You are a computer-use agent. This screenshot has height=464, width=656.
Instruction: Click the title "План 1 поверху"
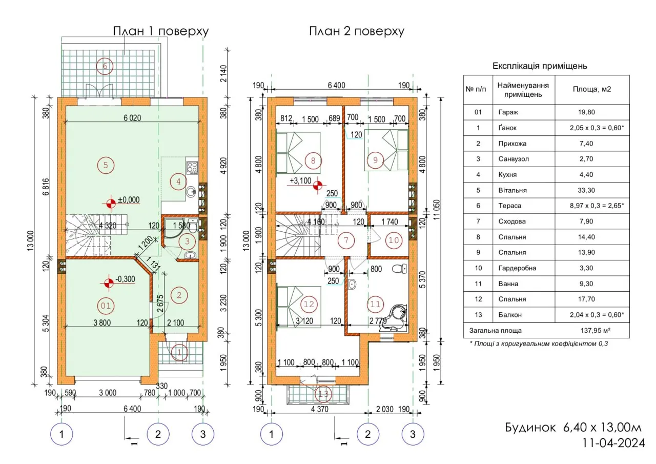tap(160, 31)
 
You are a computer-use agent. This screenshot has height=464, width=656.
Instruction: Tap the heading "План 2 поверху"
tap(356, 31)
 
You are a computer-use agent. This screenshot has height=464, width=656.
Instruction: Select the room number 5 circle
tap(105, 165)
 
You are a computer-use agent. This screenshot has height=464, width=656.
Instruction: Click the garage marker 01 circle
tap(105, 306)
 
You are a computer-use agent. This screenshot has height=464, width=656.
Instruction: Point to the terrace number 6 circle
tap(105, 66)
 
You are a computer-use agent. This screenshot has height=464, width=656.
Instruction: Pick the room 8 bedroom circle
tap(313, 160)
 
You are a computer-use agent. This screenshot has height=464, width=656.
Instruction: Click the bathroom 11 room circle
tap(375, 304)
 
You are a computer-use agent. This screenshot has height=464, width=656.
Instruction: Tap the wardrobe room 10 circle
tap(394, 240)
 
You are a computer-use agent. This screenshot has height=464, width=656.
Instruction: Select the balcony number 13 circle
tap(323, 394)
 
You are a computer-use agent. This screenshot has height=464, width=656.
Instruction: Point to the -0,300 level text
tap(126, 280)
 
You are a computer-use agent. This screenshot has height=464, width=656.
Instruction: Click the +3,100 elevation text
tap(300, 181)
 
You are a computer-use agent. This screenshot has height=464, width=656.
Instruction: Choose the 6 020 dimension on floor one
tap(132, 118)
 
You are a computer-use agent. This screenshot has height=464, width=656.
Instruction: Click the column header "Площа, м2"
tap(591, 89)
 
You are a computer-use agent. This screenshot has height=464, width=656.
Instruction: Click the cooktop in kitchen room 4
tap(193, 167)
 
